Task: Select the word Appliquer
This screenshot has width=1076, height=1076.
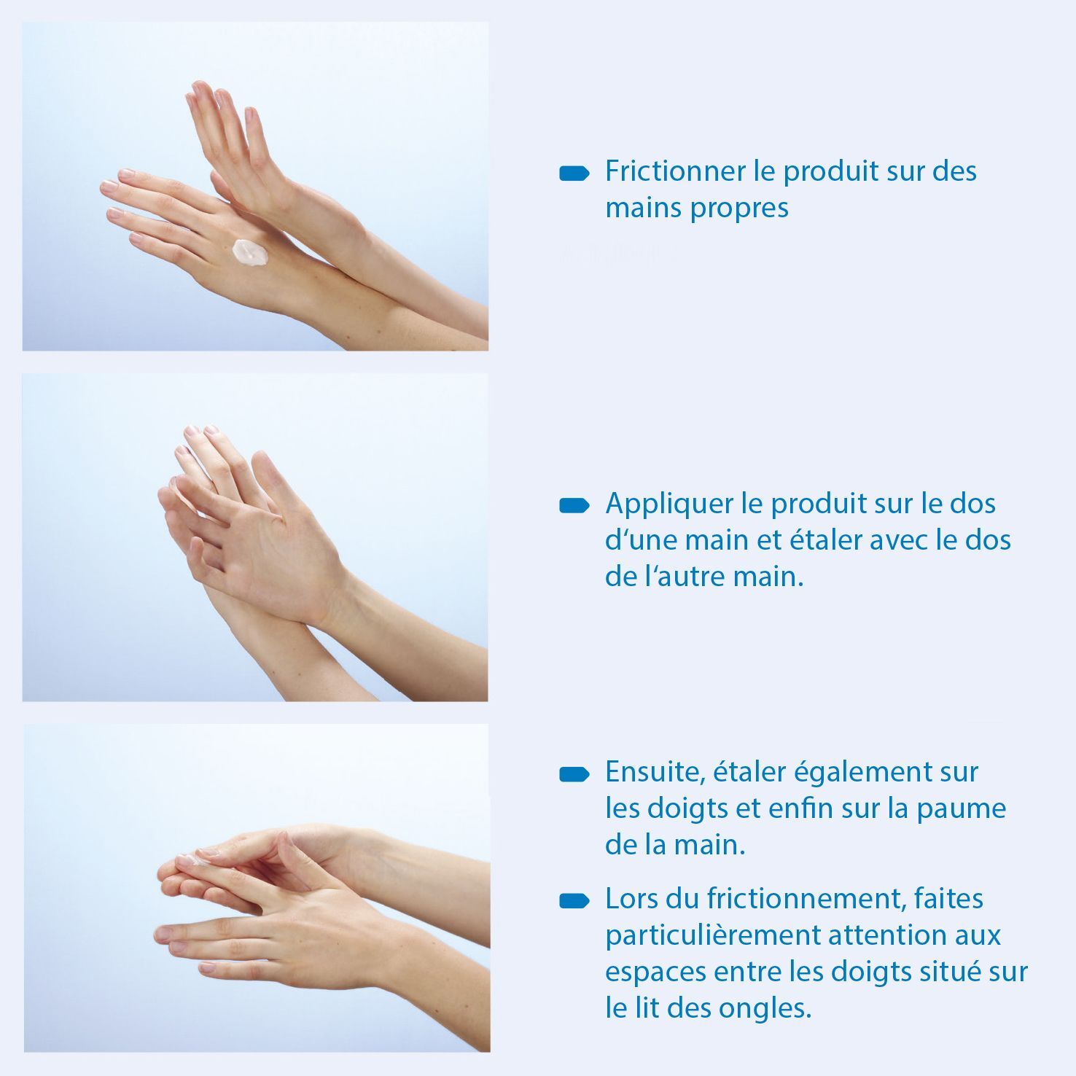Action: tap(668, 505)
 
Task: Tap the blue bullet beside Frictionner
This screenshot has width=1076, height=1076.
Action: tap(574, 174)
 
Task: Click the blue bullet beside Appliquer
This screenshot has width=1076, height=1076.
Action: tap(574, 506)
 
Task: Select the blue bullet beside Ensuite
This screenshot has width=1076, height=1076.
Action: tap(574, 774)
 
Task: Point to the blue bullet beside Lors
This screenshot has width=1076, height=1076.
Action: tap(574, 901)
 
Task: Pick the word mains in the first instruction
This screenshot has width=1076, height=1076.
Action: tap(644, 208)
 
